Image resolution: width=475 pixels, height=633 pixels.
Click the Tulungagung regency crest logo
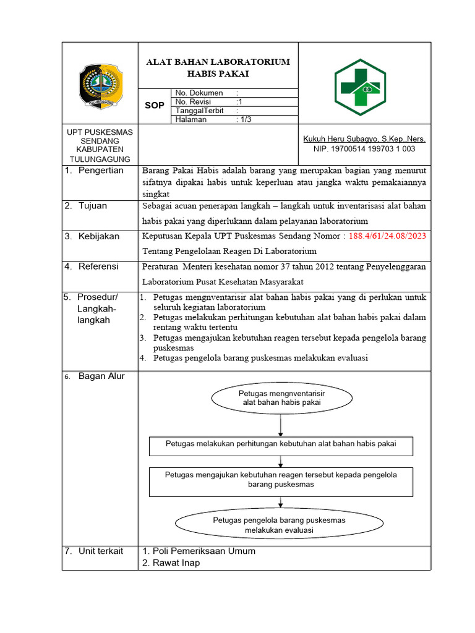(100, 83)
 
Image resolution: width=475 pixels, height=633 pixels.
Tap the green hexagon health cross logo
(360, 83)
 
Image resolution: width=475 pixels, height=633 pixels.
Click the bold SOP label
(155, 106)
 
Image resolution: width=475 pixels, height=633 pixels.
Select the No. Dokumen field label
(199, 93)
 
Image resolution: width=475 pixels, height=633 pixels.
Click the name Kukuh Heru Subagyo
(363, 139)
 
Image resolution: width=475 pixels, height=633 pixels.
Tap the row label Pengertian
(101, 171)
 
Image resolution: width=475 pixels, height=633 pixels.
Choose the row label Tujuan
(93, 206)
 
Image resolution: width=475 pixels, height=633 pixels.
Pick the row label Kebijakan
(99, 236)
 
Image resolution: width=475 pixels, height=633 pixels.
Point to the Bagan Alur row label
(101, 376)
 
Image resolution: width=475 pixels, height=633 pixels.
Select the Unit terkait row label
(101, 551)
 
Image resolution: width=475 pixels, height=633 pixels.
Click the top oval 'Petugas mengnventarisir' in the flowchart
(281, 398)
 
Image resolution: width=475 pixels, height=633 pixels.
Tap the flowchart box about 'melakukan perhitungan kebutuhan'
(281, 444)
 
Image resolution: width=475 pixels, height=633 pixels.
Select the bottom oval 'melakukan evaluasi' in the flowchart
(280, 525)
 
